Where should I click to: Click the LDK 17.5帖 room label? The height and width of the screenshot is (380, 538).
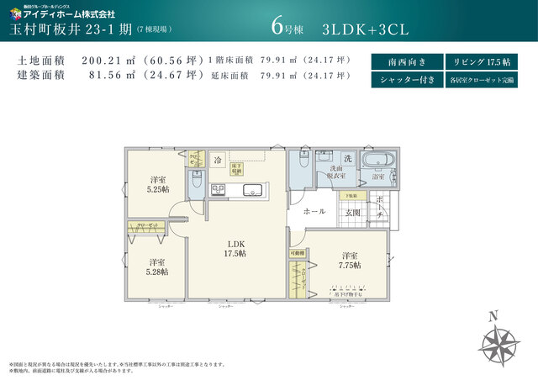pos(235,248)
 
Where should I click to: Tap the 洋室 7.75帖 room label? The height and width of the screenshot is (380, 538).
pos(351,260)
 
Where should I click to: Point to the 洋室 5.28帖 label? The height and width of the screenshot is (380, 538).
pos(157,267)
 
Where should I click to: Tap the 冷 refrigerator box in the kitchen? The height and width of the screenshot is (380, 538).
pos(217,160)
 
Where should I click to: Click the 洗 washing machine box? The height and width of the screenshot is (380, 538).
pos(346,159)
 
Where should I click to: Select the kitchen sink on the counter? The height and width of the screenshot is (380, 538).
pos(253,190)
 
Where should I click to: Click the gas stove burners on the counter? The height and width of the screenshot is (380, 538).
pos(217,191)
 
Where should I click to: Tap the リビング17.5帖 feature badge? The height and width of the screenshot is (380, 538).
pos(480,62)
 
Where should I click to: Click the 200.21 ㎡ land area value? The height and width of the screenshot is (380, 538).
pos(109,61)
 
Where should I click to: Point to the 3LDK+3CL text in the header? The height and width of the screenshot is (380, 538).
pos(364,29)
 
